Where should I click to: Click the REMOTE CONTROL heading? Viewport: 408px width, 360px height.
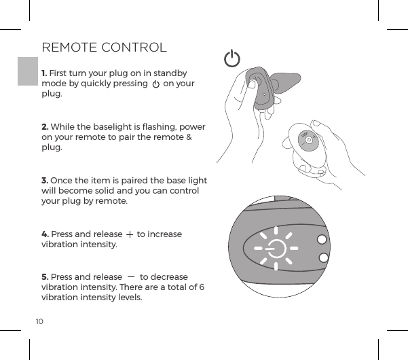coord(104,48)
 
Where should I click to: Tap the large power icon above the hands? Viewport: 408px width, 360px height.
coord(232,59)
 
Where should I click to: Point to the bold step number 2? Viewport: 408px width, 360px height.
coord(45,127)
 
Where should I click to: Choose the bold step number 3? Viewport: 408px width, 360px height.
coord(45,180)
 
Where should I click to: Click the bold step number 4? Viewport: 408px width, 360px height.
coord(45,234)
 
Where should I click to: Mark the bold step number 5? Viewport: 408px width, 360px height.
coord(45,276)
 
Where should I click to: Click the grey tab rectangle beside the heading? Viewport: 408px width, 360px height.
coord(27,71)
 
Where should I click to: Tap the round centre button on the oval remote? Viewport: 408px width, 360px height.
coord(308,140)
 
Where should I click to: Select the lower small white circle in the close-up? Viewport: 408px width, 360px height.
coord(323,258)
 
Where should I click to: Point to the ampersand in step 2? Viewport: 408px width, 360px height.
coord(189,138)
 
